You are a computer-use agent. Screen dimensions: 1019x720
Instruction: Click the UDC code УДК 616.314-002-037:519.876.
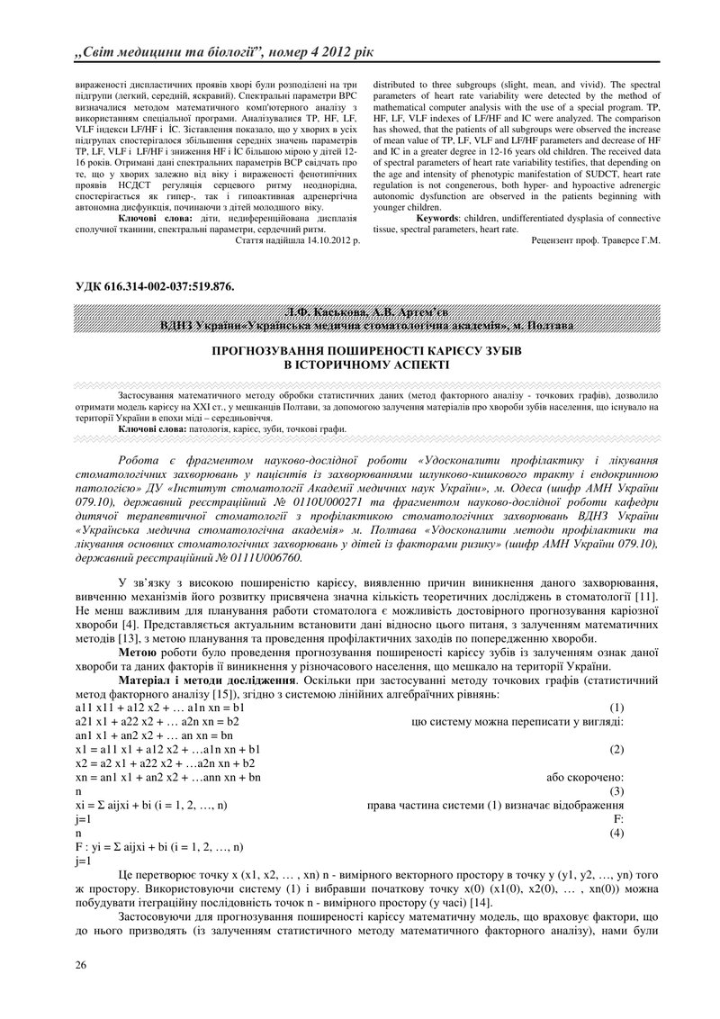(x=155, y=286)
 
